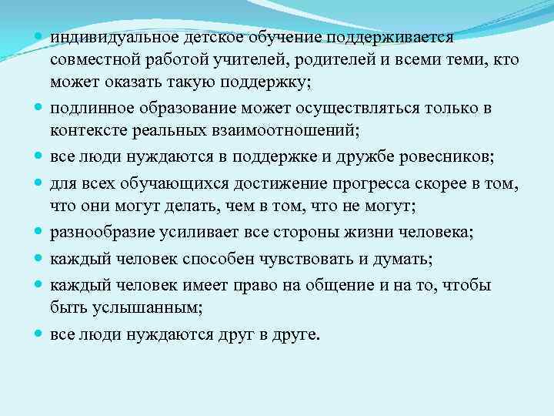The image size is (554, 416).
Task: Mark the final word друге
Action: point(299,335)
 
